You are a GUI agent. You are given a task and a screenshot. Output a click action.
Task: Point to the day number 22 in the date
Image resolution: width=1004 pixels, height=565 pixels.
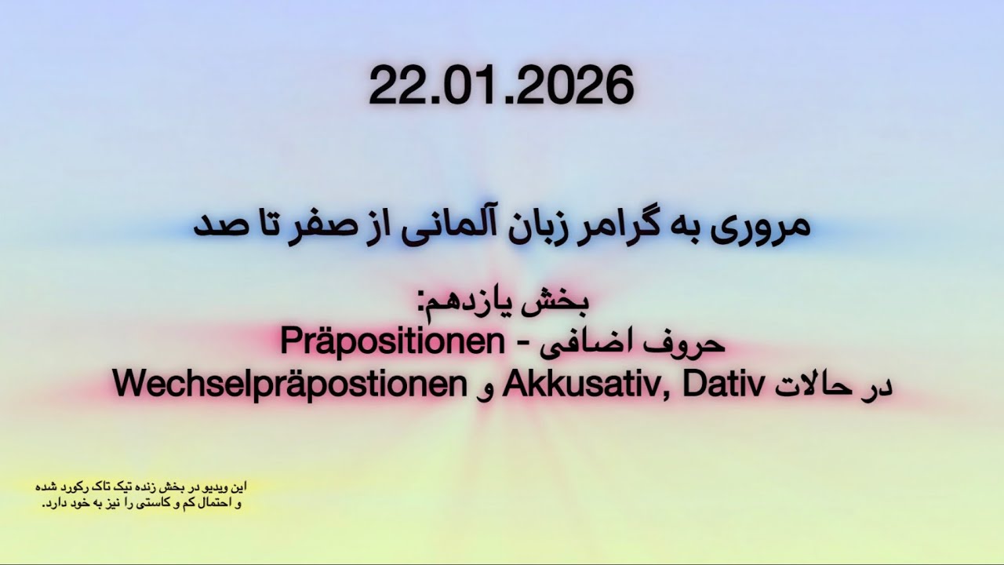pos(397,86)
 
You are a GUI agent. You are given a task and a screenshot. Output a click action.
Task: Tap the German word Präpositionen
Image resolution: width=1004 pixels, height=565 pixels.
pos(391,344)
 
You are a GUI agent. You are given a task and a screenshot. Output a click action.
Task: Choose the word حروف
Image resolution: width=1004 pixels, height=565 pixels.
pos(691,344)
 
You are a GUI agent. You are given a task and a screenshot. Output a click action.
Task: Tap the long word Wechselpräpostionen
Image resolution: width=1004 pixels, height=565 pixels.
pos(290,385)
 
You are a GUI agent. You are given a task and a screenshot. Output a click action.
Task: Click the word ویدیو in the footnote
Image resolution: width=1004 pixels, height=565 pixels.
pos(220,487)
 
